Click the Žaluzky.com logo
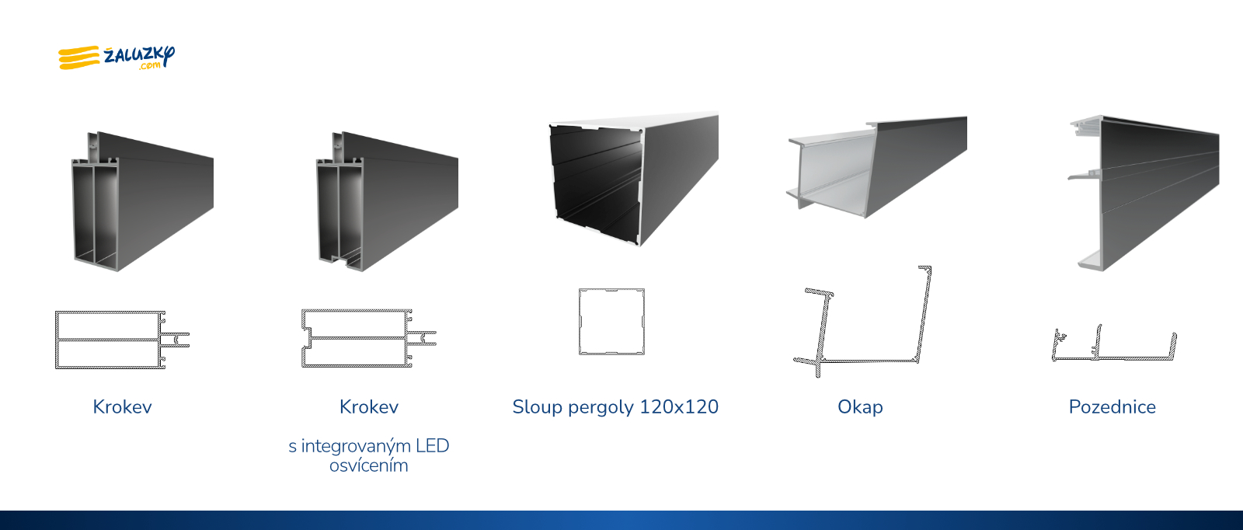[x=117, y=58]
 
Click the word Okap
[x=860, y=407]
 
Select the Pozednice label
[x=1112, y=406]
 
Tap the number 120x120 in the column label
[x=679, y=406]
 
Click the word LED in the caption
[x=432, y=445]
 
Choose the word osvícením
[x=368, y=465]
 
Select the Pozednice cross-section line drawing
[x=1114, y=358]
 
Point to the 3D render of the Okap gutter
[x=877, y=166]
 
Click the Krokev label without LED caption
[x=122, y=406]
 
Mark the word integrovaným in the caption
[x=356, y=446]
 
